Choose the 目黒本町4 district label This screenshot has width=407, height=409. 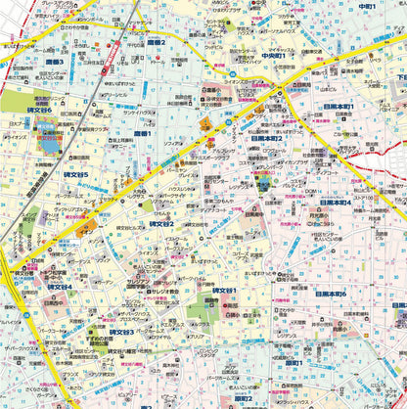[334, 202]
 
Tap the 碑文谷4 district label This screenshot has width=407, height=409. [68, 287]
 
